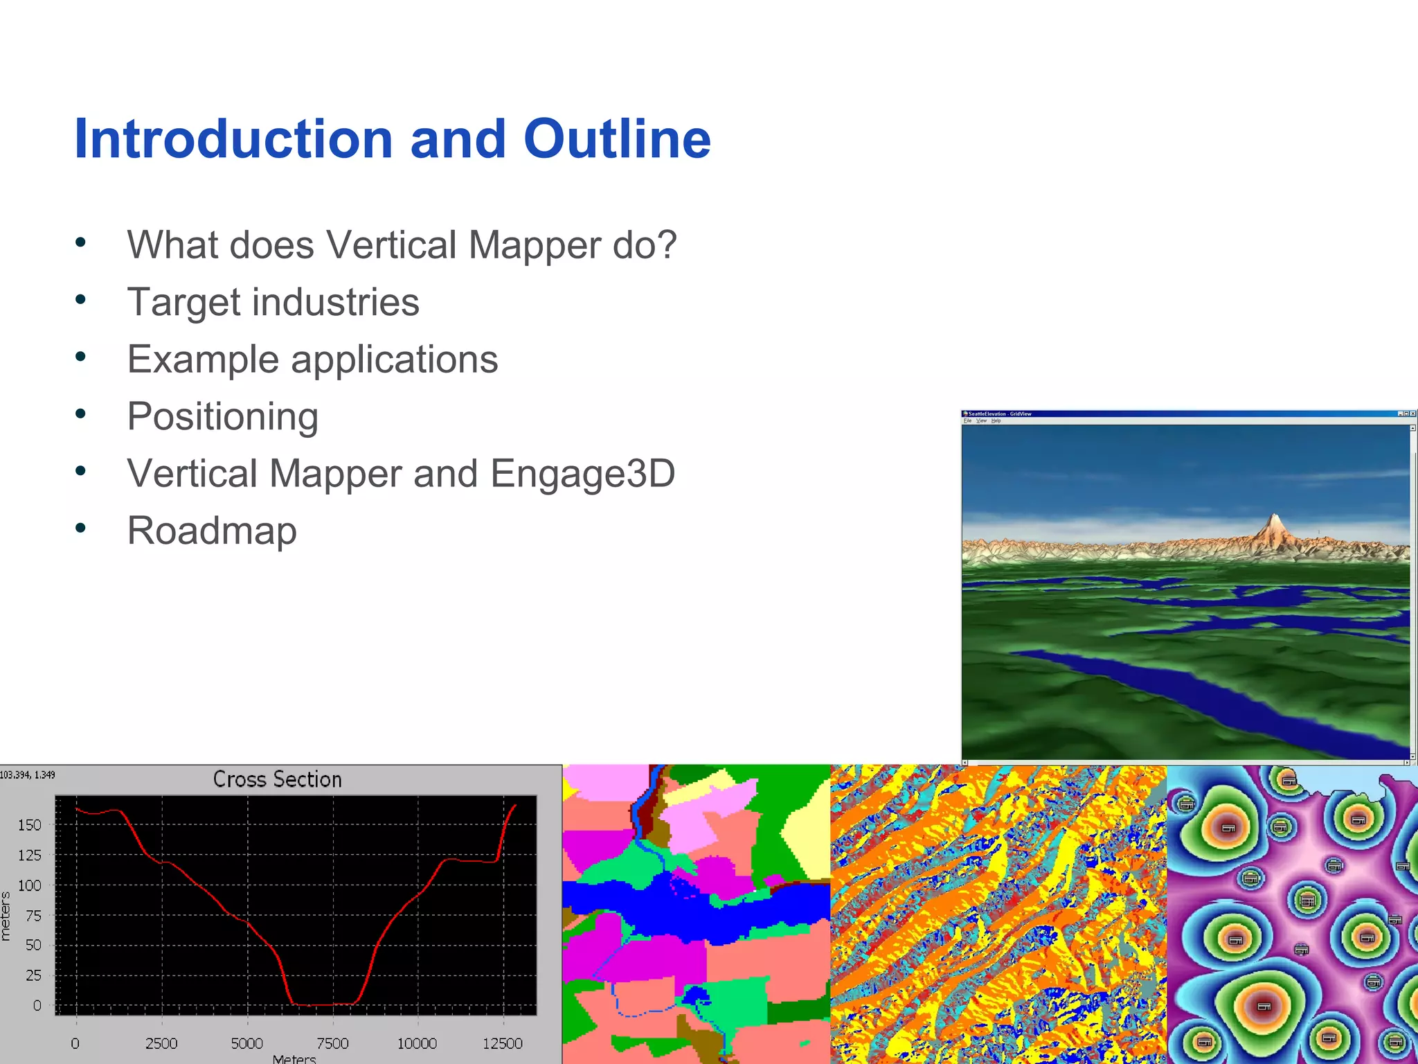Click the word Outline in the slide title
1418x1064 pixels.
point(616,139)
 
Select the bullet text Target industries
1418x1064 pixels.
point(273,303)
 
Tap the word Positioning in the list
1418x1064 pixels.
point(222,417)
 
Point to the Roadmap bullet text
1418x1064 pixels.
point(212,531)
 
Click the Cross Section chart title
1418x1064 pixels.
point(277,779)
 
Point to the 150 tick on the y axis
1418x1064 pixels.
point(30,825)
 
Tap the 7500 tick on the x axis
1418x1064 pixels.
point(332,1043)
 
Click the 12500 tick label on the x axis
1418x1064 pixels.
point(502,1043)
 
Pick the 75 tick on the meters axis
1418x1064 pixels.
point(33,915)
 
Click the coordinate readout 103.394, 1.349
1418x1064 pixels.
point(28,774)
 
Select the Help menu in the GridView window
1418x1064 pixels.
point(996,420)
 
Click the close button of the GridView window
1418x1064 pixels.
point(1413,414)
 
